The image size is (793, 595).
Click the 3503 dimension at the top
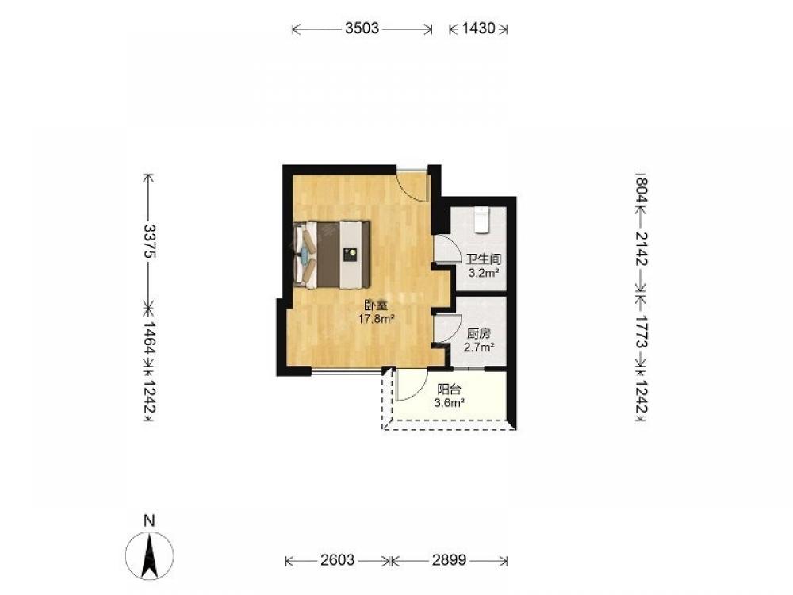362,28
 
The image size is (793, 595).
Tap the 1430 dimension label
478,28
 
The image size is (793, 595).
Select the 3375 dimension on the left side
149,241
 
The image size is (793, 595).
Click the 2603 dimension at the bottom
337,560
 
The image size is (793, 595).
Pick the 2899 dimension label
449,560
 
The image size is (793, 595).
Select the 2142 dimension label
641,248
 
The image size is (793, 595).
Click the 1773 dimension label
641,332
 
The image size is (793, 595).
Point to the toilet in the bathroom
482,220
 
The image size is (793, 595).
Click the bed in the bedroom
331,255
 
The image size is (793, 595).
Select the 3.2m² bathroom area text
484,274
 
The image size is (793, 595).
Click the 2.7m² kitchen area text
479,347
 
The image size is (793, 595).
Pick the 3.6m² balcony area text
449,403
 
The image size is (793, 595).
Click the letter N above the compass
149,520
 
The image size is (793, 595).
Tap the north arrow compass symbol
149,555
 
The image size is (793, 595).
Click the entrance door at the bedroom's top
412,185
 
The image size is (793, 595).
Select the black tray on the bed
350,254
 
